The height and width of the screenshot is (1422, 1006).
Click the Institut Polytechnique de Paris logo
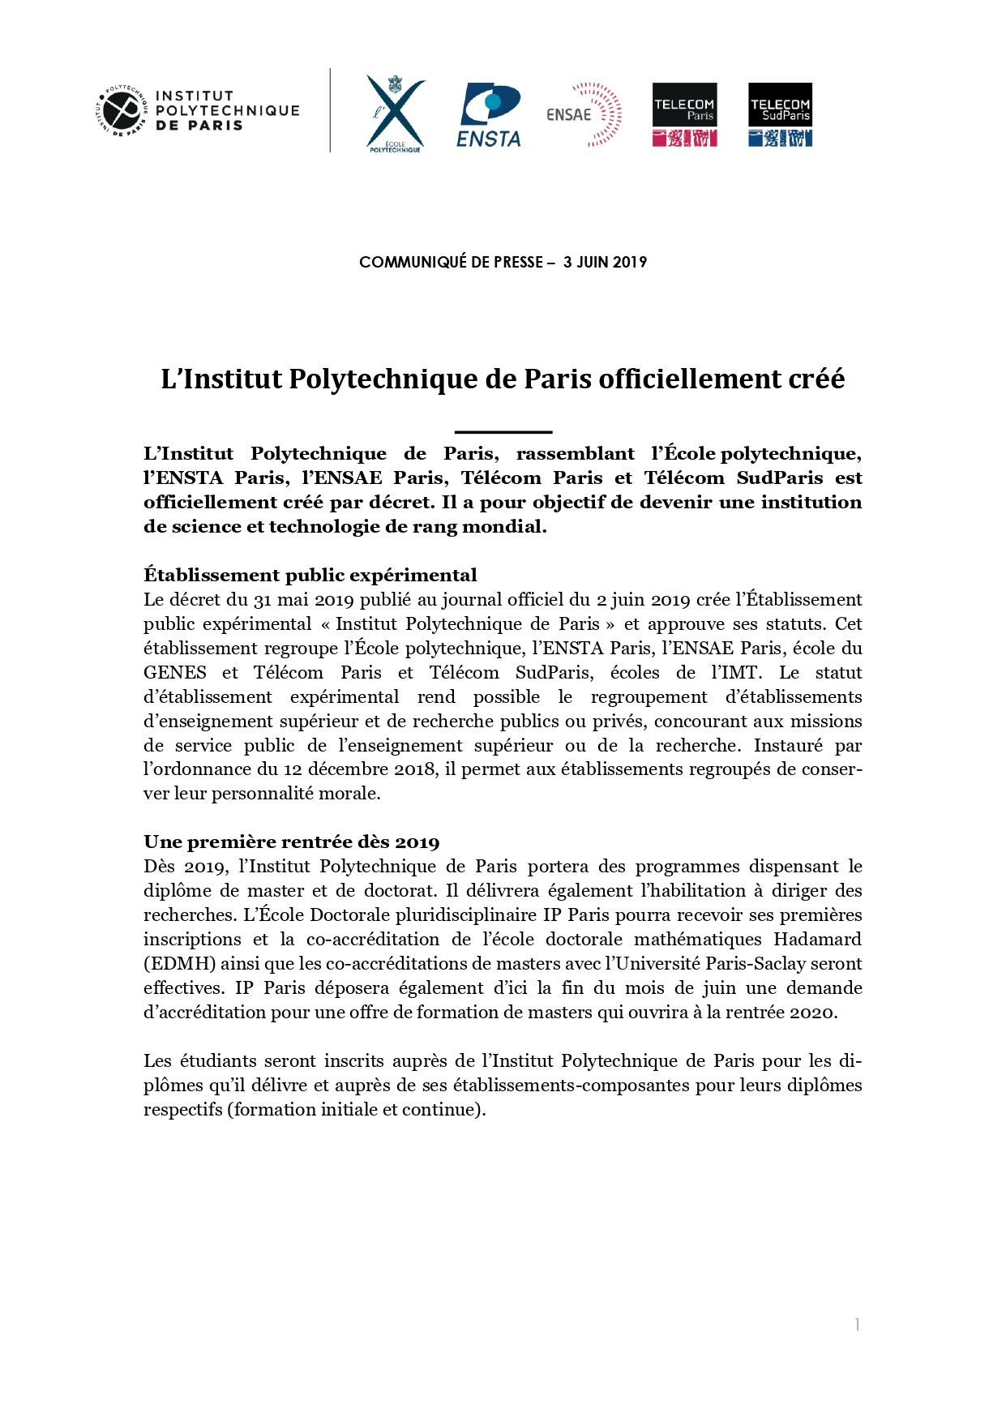199,110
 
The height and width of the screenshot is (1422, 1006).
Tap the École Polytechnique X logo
395,113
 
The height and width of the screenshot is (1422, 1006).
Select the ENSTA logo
490,115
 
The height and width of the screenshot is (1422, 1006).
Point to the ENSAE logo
584,114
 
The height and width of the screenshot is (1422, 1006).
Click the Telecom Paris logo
684,114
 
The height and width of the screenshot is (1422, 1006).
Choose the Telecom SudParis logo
780,114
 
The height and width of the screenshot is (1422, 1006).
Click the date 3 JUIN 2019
605,262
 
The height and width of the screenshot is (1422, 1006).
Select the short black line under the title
503,432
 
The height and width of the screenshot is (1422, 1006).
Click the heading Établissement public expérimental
310,575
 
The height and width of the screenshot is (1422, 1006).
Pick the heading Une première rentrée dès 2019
292,842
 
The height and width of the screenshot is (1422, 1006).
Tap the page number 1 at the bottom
857,1325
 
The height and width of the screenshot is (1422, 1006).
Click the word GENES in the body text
175,672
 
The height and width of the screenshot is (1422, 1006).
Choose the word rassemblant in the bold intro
576,453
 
